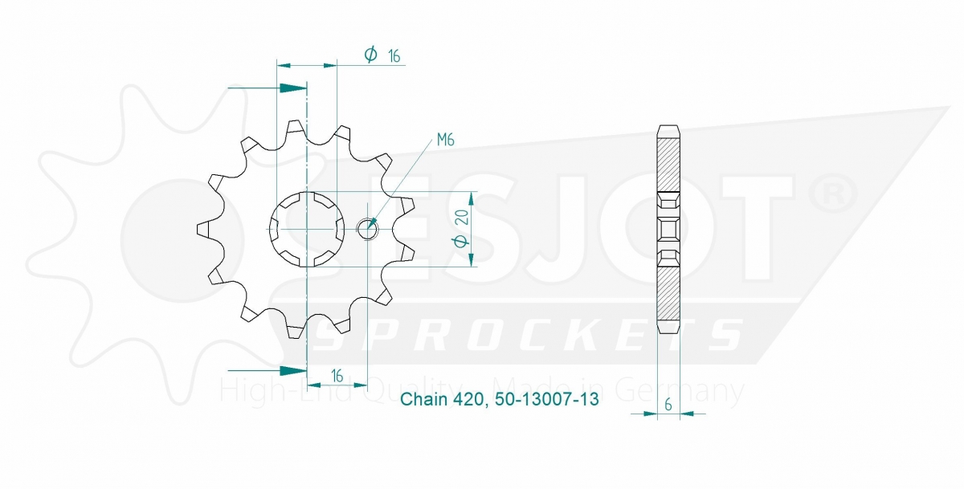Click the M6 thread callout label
445,140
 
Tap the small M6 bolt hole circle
367,229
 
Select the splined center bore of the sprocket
307,229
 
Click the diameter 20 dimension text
461,229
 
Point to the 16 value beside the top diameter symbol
394,56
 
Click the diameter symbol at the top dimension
370,54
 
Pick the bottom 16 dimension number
337,376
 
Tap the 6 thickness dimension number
668,405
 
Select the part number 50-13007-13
546,399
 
